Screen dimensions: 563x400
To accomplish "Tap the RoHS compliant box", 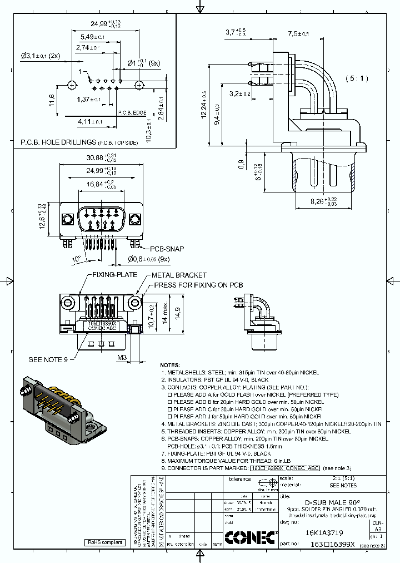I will coord(104,542).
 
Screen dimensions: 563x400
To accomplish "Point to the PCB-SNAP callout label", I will coord(166,249).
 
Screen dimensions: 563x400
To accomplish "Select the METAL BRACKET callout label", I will coord(178,275).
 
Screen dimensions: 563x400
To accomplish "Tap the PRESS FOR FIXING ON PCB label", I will coord(198,284).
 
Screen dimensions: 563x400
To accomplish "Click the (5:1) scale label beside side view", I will coord(357,78).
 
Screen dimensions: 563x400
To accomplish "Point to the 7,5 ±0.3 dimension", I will coord(298,34).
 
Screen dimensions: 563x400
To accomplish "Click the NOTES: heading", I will coord(170,365).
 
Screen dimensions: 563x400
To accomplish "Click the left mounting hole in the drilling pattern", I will coord(72,86).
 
